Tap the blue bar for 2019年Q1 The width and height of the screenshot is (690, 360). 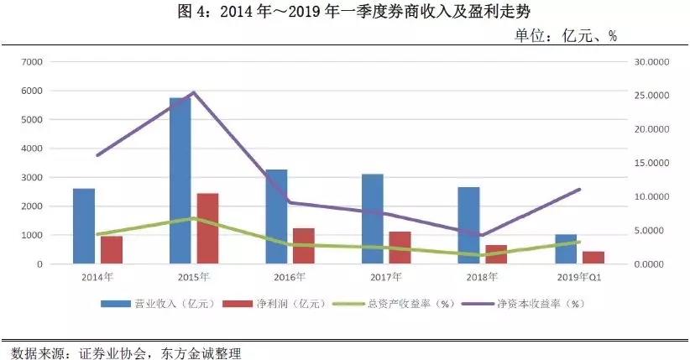(x=565, y=249)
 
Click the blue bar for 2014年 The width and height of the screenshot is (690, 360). (x=84, y=226)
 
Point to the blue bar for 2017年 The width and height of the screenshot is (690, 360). (x=373, y=219)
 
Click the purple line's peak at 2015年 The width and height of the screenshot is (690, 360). (x=194, y=92)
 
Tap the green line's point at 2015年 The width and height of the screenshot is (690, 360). (x=194, y=218)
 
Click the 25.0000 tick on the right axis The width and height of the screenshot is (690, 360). (x=652, y=96)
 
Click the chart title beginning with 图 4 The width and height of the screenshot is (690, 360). (x=344, y=12)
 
